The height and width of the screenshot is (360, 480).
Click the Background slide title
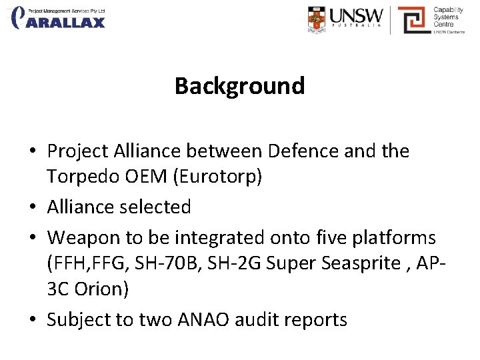pyautogui.click(x=239, y=86)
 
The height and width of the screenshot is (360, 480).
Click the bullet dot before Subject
pyautogui.click(x=33, y=320)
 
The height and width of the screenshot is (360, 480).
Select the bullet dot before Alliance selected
pyautogui.click(x=33, y=207)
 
